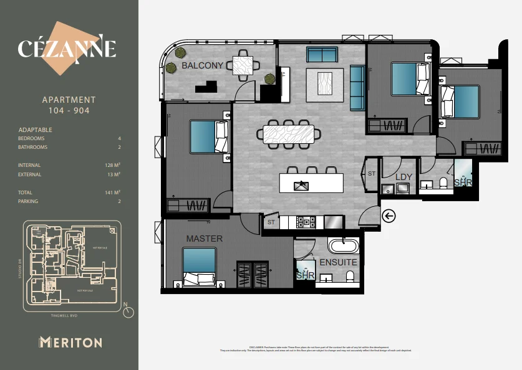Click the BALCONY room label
click(202, 65)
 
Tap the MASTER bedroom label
click(204, 239)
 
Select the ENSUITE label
click(338, 262)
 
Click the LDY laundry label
click(404, 178)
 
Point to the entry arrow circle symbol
click(389, 216)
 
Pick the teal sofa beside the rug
click(357, 87)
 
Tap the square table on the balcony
click(243, 65)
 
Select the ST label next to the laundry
click(372, 174)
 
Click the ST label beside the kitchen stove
click(271, 222)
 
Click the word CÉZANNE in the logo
click(67, 49)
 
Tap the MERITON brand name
click(70, 342)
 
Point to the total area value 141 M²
click(113, 193)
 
